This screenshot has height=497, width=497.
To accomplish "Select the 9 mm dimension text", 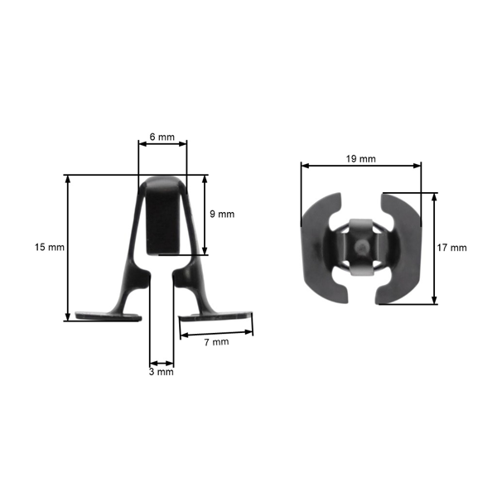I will tap(221, 214).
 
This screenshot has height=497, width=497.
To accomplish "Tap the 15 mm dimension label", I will tap(49, 247).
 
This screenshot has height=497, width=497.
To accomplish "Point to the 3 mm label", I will tap(162, 372).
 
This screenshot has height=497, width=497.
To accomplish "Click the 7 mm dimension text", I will tap(215, 341).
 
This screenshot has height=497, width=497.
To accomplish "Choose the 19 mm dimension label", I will tap(361, 157).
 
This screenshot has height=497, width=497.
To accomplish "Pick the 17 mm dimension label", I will tap(453, 248).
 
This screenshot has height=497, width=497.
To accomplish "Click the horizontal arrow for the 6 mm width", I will tap(162, 144).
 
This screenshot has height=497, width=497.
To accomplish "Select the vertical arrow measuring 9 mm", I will tap(204, 215).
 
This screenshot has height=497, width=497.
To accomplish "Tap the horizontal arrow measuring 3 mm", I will tap(162, 362).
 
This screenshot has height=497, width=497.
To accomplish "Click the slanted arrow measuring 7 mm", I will tap(216, 333).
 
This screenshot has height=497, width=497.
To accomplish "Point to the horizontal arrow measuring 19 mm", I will tap(361, 166).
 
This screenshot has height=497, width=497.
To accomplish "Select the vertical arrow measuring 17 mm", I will tap(433, 248).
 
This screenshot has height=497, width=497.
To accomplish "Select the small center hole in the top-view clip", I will tap(361, 246).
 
